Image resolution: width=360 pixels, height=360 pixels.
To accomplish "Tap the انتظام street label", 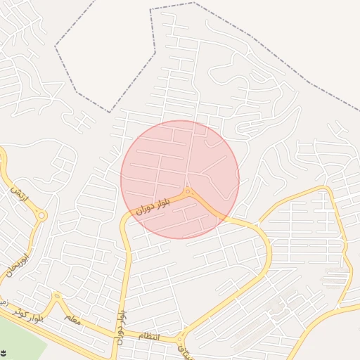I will pos(148,337).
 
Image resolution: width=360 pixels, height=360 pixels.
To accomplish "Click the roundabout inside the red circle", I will pos(188,192).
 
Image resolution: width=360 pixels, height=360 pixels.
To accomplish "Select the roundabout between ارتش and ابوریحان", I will pos(41,216).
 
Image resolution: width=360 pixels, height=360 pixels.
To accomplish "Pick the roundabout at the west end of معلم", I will pos(57,297).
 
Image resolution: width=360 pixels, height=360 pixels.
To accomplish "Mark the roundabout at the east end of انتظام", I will pos(181,338).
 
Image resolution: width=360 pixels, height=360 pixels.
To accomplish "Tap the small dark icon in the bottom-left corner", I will pos(4,352).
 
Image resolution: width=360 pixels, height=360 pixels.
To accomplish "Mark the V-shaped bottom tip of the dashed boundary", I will pos(109,111).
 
